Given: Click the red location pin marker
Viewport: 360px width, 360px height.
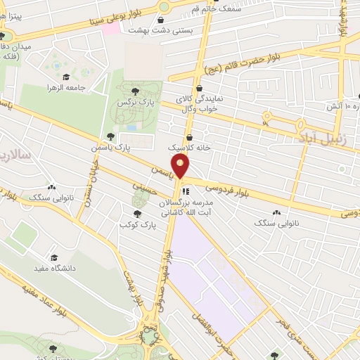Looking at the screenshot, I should tap(181, 167).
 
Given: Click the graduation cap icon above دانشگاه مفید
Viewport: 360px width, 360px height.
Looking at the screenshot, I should tap(53, 256).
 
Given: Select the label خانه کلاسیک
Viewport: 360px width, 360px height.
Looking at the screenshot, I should tap(186, 149).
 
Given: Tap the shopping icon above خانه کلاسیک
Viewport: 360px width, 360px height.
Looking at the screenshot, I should tap(190, 137).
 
